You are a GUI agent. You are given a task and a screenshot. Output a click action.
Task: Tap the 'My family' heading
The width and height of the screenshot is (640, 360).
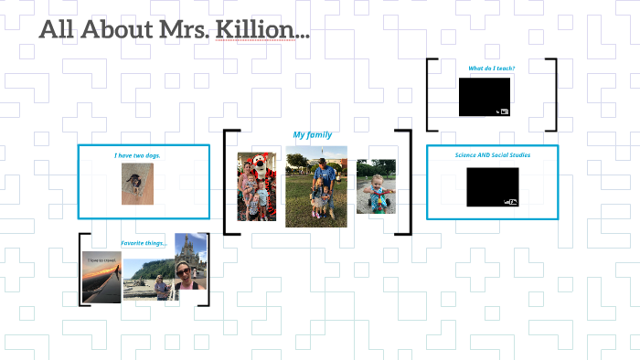[x=313, y=134]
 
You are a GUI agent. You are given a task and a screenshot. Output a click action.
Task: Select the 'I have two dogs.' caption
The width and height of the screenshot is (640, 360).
[x=137, y=155]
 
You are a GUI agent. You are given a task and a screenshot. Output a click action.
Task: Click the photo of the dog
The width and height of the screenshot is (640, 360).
[x=137, y=184]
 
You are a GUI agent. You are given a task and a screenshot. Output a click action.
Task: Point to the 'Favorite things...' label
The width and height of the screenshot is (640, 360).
[x=144, y=243]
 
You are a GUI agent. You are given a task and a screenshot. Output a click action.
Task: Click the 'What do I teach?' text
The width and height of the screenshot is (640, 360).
[x=491, y=69]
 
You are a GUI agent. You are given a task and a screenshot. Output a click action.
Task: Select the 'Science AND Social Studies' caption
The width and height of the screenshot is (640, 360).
[x=492, y=154]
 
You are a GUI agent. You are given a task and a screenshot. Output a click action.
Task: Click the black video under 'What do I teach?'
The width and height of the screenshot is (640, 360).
[x=485, y=97]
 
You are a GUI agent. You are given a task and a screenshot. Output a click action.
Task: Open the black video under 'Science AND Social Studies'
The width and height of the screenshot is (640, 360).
[x=492, y=186]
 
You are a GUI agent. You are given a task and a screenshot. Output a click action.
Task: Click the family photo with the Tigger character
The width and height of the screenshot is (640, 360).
[x=257, y=186]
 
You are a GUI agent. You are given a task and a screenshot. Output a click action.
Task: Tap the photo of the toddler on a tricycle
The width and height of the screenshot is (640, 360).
[x=376, y=186]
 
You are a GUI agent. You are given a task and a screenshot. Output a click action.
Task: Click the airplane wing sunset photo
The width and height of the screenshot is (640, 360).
[x=101, y=277]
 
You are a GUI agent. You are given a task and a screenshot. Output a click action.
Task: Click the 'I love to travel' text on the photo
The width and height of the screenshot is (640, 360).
[x=101, y=260]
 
